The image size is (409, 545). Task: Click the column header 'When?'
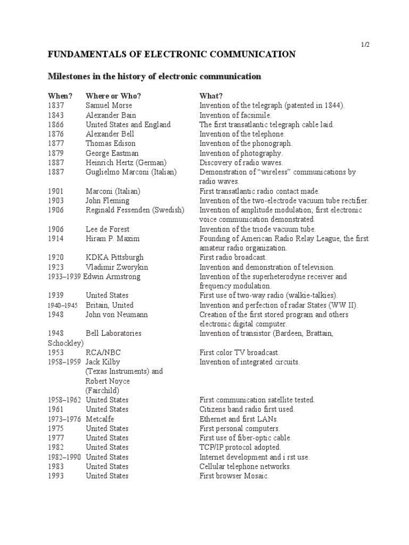[59, 96]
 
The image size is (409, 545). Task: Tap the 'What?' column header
[211, 96]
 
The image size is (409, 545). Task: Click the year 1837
[55, 105]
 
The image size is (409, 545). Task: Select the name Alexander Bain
[111, 115]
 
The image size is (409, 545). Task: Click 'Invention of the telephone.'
[242, 134]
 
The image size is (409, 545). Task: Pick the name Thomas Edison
[111, 144]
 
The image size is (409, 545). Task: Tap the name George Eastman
[112, 153]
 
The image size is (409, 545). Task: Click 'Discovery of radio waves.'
[241, 163]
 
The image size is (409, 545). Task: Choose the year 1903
[55, 201]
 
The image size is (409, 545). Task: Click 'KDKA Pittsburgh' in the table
[114, 258]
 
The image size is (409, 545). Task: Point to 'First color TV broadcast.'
[239, 352]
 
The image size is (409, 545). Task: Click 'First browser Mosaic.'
[234, 476]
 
